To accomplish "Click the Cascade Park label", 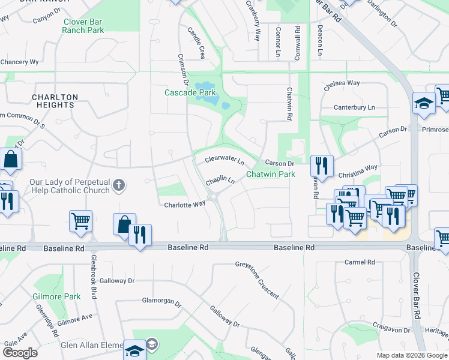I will (190, 93).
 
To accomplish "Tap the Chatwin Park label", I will (271, 175).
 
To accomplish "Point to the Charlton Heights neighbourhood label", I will (55, 101).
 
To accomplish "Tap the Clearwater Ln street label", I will (224, 161).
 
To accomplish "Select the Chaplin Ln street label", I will (220, 180).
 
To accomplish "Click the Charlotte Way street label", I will (185, 204).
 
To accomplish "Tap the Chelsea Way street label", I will (342, 84).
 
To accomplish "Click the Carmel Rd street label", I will (360, 263).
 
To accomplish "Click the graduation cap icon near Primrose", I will (424, 103).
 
